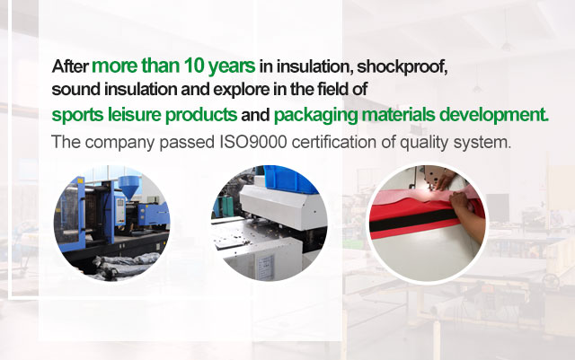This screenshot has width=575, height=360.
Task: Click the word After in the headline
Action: click(70, 66)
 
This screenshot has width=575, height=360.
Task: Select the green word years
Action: click(231, 67)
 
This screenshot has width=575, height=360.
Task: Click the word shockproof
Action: click(402, 67)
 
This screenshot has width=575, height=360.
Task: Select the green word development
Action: click(493, 116)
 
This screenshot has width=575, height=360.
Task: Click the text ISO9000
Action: click(253, 142)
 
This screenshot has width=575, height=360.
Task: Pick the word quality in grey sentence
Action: click(424, 143)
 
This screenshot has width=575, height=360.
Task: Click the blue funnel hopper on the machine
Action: click(131, 186)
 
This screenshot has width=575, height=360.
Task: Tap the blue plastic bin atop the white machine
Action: click(289, 179)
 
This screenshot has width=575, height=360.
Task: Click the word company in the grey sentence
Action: click(119, 143)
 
